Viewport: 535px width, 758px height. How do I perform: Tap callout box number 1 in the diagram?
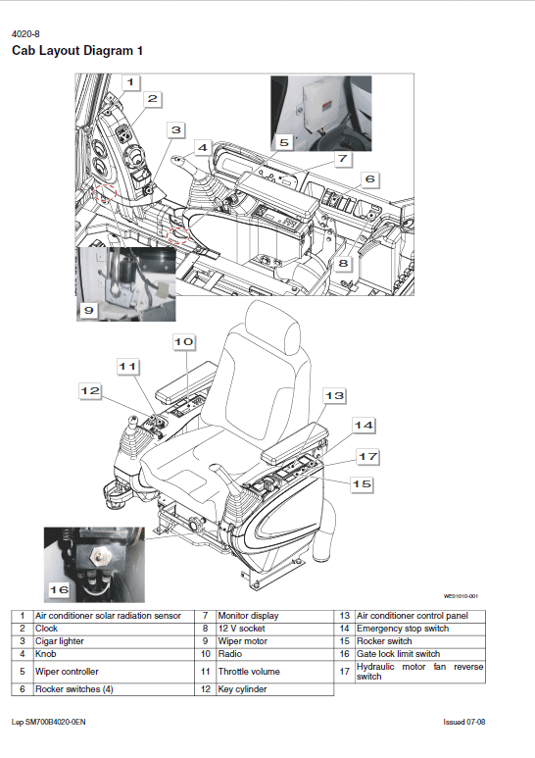tap(131, 82)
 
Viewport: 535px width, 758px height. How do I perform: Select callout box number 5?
tap(283, 142)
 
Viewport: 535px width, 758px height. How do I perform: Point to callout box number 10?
tap(184, 341)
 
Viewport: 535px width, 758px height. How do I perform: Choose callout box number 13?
tap(334, 395)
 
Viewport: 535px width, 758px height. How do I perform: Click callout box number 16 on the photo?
tap(59, 589)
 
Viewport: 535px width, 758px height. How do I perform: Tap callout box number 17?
tap(367, 456)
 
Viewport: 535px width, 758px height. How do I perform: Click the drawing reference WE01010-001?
tap(460, 595)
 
